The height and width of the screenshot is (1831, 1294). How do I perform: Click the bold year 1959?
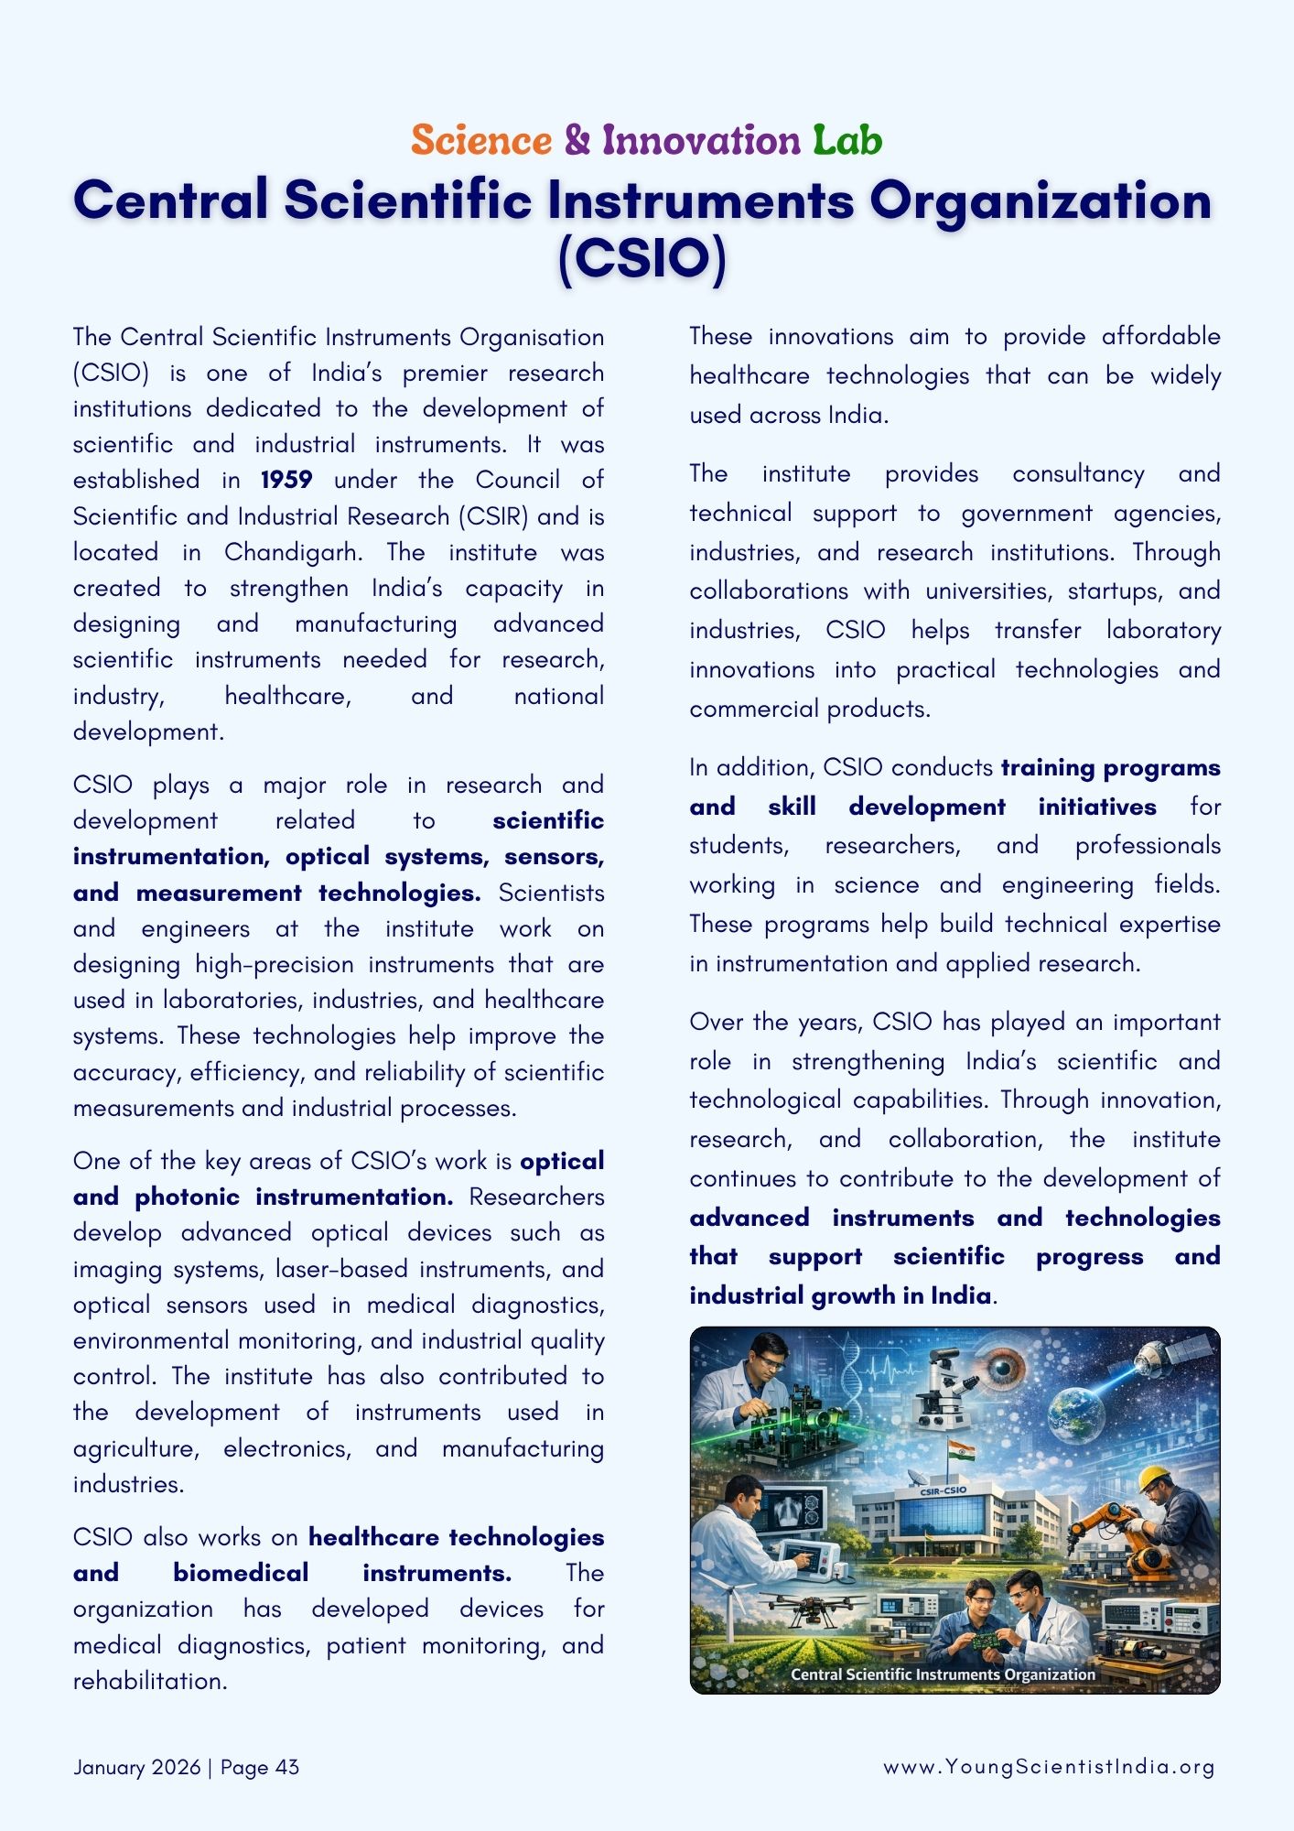[286, 481]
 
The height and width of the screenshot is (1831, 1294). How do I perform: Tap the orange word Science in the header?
[481, 141]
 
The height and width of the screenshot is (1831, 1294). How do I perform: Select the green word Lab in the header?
[847, 141]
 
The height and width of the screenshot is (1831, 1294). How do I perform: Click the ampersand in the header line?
[577, 141]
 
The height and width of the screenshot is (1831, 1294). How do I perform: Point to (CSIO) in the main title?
[642, 259]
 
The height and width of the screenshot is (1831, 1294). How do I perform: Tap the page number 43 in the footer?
[286, 1767]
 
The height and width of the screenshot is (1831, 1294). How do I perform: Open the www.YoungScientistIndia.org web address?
[1049, 1767]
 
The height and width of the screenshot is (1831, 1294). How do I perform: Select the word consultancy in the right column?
[1078, 474]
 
